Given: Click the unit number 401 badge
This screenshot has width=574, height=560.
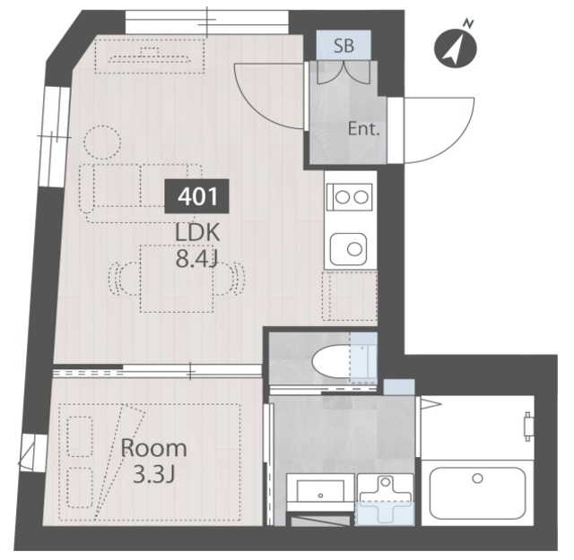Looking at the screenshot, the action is pyautogui.click(x=197, y=196).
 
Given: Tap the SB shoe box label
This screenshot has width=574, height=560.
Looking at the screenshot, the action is pyautogui.click(x=344, y=46).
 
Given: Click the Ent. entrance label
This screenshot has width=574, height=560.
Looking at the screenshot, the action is pyautogui.click(x=363, y=129).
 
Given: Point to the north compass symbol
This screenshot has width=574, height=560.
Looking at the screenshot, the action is pyautogui.click(x=456, y=47).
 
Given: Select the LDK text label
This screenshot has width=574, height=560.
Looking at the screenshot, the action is pyautogui.click(x=197, y=233).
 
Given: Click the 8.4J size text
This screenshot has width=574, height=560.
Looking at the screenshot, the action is pyautogui.click(x=197, y=259).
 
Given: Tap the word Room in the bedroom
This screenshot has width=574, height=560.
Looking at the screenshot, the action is pyautogui.click(x=153, y=448).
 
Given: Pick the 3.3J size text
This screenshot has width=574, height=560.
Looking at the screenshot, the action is pyautogui.click(x=153, y=475).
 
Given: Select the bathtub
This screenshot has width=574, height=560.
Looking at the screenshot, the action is pyautogui.click(x=478, y=492).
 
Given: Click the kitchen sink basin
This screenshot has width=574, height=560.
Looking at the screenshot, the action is pyautogui.click(x=349, y=249).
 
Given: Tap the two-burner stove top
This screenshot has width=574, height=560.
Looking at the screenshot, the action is pyautogui.click(x=350, y=198).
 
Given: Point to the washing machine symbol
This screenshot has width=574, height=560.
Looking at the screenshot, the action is pyautogui.click(x=385, y=500).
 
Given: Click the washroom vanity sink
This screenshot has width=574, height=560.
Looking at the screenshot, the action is pyautogui.click(x=320, y=491).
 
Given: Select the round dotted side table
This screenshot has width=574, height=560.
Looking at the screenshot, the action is pyautogui.click(x=102, y=142).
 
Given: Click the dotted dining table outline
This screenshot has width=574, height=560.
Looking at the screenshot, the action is pyautogui.click(x=177, y=279).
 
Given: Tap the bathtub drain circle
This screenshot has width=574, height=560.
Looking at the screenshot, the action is pyautogui.click(x=477, y=478).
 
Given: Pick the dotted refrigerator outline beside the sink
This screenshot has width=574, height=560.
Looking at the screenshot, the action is pyautogui.click(x=350, y=296).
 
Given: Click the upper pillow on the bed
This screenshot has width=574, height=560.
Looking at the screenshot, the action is pyautogui.click(x=80, y=436).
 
